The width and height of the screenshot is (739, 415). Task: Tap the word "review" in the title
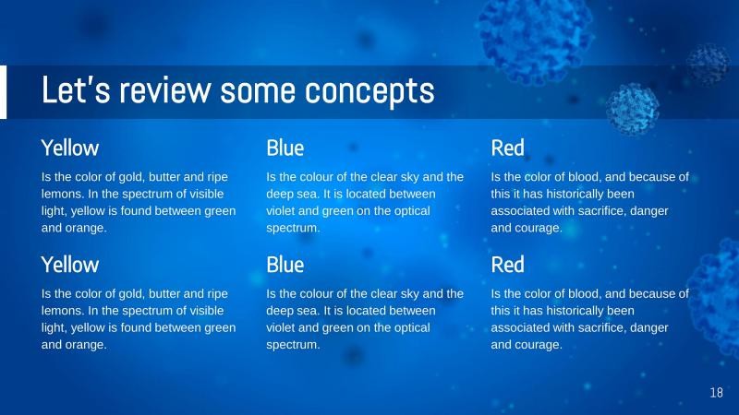[x=163, y=91]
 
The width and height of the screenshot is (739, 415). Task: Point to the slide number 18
[x=716, y=394]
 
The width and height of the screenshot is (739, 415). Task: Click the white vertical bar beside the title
[x=3, y=92]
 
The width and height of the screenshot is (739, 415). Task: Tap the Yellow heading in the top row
[x=69, y=148]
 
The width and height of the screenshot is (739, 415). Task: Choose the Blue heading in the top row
[x=285, y=148]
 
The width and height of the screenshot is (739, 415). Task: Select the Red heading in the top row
[x=507, y=148]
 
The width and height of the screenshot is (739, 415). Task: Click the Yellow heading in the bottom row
[x=69, y=265]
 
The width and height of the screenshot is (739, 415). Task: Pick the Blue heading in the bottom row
[x=285, y=265]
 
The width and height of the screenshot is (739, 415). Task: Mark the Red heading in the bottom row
[x=507, y=265]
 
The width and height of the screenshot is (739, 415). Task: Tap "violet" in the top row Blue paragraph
[x=283, y=211]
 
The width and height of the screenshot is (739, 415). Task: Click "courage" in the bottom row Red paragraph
[x=537, y=345]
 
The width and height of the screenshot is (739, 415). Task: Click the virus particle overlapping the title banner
[x=633, y=106]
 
